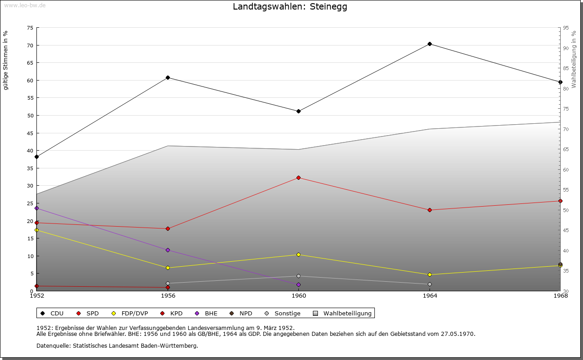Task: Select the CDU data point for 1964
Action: (430, 44)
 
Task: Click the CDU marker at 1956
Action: (168, 77)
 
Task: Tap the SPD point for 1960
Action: (298, 177)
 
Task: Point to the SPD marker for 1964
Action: (430, 210)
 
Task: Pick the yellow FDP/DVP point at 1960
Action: (298, 254)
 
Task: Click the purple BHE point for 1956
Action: (168, 250)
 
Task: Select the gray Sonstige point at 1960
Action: (298, 276)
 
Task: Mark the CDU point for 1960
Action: (298, 111)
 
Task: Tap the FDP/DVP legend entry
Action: (130, 313)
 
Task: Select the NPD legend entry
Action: (241, 313)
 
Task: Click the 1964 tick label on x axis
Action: (430, 296)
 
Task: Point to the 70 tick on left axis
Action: (30, 46)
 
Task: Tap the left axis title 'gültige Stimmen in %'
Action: (6, 60)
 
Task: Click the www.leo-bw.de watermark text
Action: (24, 5)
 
